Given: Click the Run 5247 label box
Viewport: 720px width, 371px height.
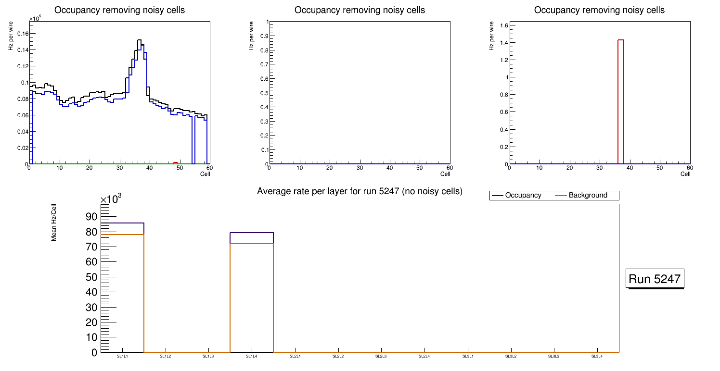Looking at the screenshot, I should click(x=655, y=279).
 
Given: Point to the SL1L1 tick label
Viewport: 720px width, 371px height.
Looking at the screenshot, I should click(x=122, y=357).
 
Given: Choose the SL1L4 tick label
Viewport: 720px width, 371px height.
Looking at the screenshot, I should click(x=252, y=357).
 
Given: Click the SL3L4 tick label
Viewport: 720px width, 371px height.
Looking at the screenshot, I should click(x=597, y=357).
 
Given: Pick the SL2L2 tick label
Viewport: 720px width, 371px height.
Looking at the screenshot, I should click(x=338, y=357).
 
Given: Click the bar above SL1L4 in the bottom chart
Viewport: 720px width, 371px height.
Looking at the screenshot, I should click(x=252, y=293).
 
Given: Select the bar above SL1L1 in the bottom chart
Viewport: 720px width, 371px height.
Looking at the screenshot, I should click(x=122, y=288).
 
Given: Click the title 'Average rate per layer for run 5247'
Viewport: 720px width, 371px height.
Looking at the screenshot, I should click(x=360, y=191).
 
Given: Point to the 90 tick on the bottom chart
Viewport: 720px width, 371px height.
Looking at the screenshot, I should click(x=91, y=217).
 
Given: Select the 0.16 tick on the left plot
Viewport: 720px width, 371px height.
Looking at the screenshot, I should click(x=22, y=34).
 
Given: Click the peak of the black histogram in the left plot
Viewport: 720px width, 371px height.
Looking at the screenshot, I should click(x=139, y=40).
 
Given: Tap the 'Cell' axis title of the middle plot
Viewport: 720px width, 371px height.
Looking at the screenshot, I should click(x=445, y=174).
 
